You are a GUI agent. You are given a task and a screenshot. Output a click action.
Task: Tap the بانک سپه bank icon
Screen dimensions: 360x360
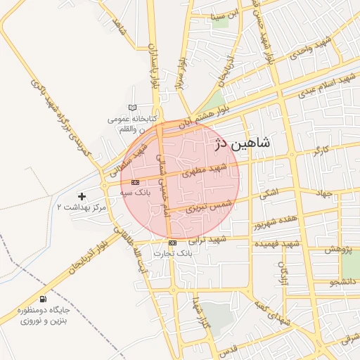[135, 182]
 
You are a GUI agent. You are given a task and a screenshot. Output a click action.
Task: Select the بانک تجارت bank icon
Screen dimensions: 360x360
[172, 243]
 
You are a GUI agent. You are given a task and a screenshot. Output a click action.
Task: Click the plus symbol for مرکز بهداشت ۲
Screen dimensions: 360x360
[82, 195]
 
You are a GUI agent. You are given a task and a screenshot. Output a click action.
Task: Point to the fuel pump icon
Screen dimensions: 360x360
[44, 299]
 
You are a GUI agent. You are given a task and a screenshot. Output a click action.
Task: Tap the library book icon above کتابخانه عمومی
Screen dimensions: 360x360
[131, 108]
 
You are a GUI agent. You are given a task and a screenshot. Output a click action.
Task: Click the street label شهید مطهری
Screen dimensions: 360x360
[203, 169]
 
